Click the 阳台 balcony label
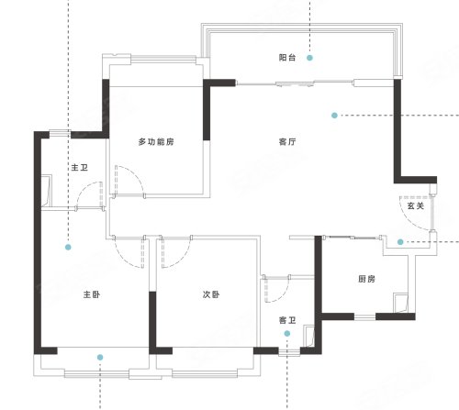point(287,58)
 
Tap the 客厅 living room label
point(287,142)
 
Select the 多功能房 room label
point(156,142)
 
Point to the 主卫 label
point(80,168)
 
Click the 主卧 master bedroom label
point(92,294)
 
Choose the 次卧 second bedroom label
point(211,294)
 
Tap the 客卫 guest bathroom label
point(287,320)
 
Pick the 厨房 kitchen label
point(366,279)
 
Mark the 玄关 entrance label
point(416,205)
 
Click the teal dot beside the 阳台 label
point(309,58)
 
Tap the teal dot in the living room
point(334,116)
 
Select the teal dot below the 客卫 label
point(286,334)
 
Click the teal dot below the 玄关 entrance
point(400,242)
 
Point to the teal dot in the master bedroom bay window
point(100,357)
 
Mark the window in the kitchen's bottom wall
point(364,317)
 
